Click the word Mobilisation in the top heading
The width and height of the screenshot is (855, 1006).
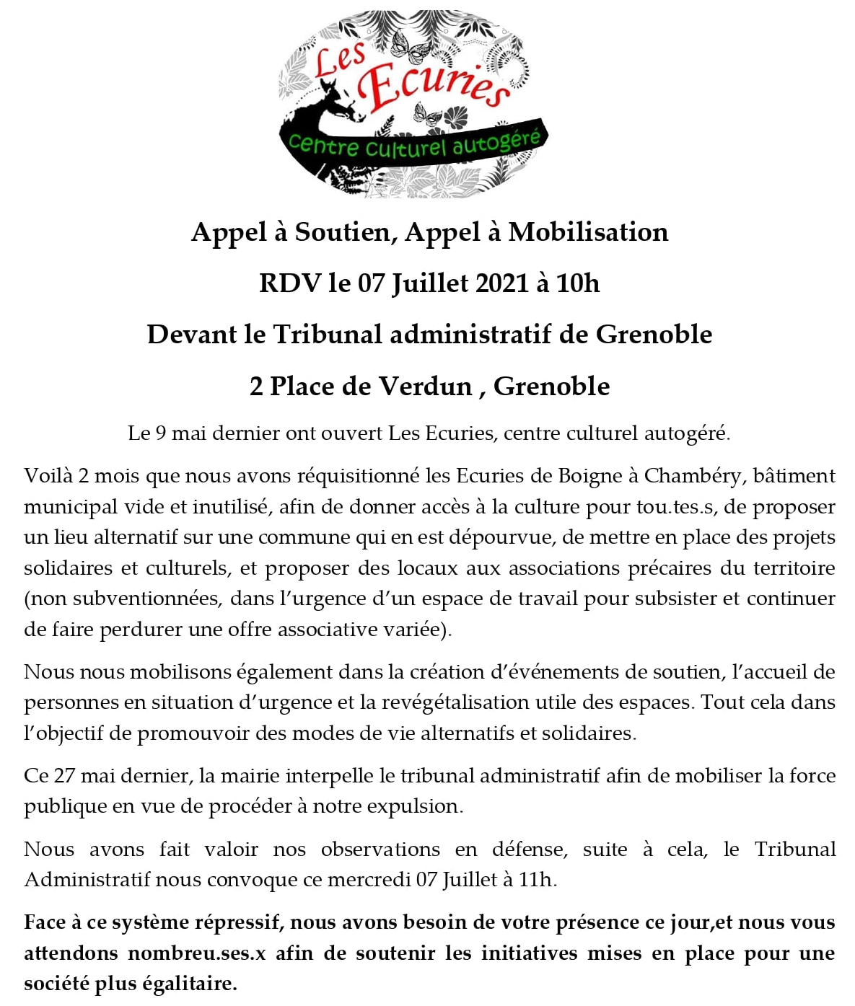588,232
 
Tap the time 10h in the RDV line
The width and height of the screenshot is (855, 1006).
578,283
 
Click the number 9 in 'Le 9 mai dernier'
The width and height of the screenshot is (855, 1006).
160,433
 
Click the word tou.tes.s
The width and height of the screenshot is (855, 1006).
675,507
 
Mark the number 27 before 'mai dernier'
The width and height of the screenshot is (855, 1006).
64,776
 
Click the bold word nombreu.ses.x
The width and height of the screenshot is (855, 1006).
197,953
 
